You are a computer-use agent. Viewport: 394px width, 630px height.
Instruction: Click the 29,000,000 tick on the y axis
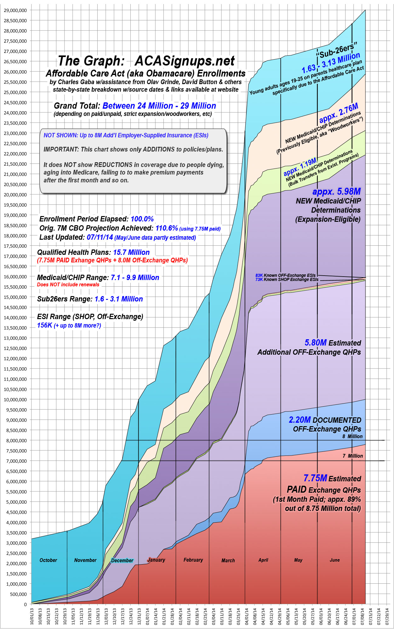(x=15, y=10)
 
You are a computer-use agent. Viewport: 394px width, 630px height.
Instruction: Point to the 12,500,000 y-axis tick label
(x=15, y=348)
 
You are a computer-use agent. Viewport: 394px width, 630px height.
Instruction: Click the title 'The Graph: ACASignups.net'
(x=146, y=61)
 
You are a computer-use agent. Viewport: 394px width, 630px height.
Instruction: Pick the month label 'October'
(x=48, y=560)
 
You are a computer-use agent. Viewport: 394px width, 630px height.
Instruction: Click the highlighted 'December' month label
(x=122, y=560)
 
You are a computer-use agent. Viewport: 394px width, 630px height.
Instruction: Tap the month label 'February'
(x=193, y=560)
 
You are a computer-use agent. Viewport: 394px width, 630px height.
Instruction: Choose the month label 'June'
(x=334, y=560)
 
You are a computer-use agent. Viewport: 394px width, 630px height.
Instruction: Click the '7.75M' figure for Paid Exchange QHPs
(x=315, y=478)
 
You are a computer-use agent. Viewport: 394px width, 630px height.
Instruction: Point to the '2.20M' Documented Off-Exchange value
(x=300, y=420)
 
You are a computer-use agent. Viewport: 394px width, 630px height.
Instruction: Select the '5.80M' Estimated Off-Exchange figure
(x=316, y=343)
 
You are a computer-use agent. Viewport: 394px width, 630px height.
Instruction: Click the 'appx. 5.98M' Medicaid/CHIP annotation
(x=336, y=192)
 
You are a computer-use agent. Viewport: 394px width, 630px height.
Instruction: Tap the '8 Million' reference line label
(x=352, y=436)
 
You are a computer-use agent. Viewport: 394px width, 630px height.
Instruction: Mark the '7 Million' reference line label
(x=353, y=456)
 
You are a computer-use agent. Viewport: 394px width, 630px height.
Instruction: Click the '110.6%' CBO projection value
(x=167, y=228)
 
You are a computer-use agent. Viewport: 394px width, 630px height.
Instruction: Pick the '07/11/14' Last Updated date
(x=100, y=237)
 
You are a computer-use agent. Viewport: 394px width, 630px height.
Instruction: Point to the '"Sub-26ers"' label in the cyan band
(x=336, y=50)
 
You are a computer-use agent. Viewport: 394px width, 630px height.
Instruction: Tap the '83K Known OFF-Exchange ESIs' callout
(x=285, y=275)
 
